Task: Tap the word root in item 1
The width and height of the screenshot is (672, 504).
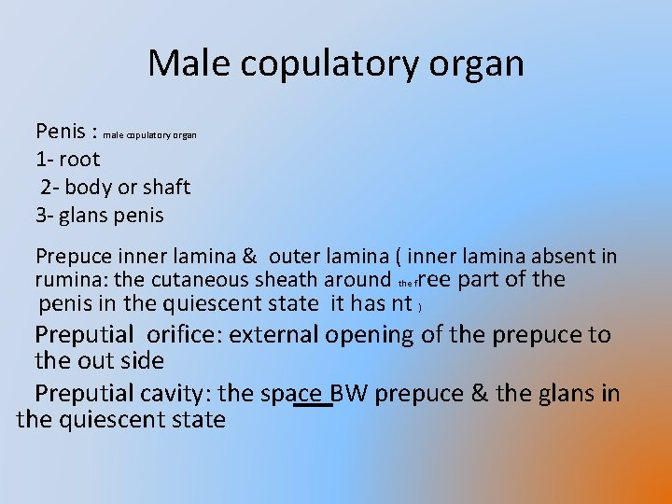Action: [79, 159]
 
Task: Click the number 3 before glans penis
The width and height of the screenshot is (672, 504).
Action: [41, 215]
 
